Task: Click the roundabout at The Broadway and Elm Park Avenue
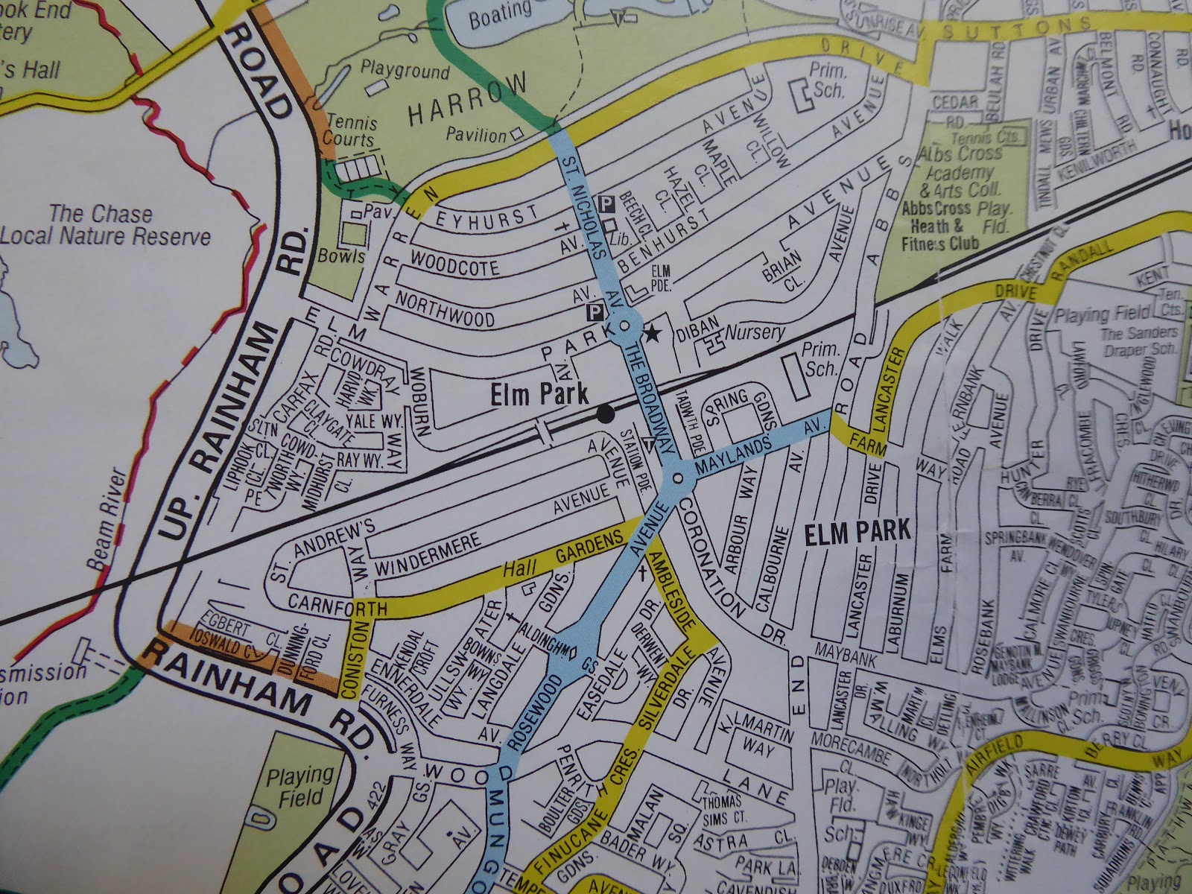[x=624, y=326]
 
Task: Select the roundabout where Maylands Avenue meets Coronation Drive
[x=677, y=479]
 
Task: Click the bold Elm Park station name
[x=539, y=395]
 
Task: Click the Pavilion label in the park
[x=477, y=135]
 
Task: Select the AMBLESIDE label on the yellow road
[x=673, y=592]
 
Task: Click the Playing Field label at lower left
[x=300, y=788]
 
